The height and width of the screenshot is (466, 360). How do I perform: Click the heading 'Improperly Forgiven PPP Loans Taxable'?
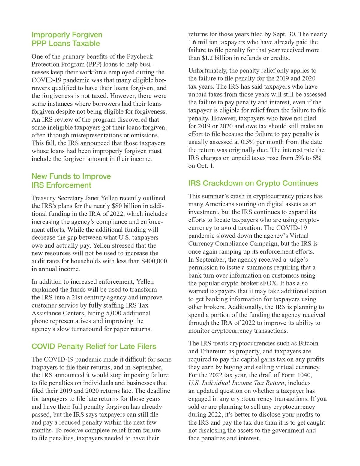click(x=67, y=39)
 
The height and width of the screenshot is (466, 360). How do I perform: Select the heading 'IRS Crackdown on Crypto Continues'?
click(x=253, y=183)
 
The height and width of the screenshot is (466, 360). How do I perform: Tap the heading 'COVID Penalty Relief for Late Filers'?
click(x=94, y=346)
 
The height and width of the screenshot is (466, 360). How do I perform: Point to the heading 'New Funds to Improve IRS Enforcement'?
click(x=71, y=181)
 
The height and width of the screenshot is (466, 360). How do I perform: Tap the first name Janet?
click(x=94, y=198)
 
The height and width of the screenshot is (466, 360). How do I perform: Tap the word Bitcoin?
click(x=308, y=343)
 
